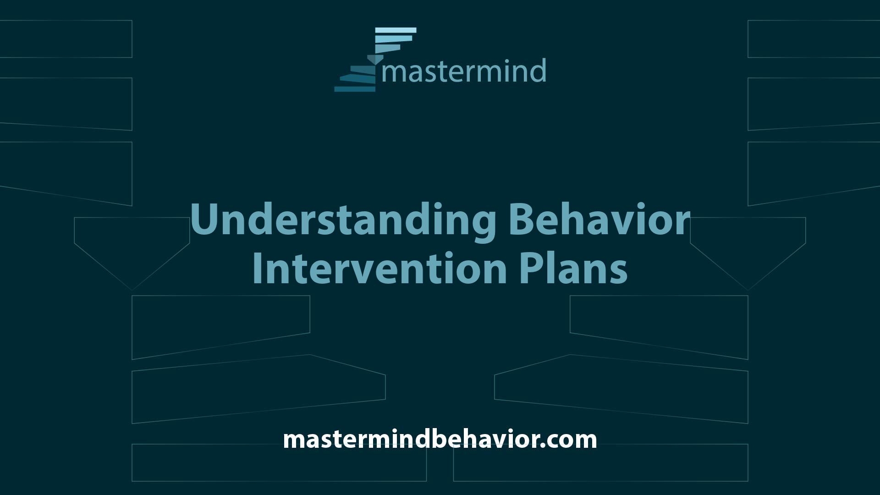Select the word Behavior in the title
click(599, 220)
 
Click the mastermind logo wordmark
click(463, 71)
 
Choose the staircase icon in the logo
click(375, 60)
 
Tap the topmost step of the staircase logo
click(396, 30)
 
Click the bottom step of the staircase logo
click(355, 89)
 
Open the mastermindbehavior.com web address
click(440, 439)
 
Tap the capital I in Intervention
click(258, 268)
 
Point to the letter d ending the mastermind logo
click(537, 71)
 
